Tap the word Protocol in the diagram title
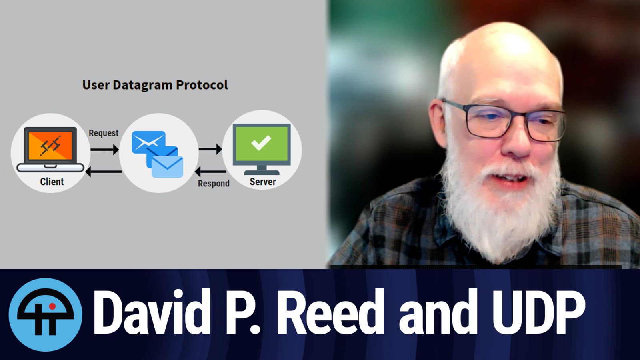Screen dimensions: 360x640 coord(202,85)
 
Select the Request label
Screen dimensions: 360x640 coord(104,133)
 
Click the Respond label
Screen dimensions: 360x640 coord(214,184)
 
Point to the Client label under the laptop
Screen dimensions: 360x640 coord(52,182)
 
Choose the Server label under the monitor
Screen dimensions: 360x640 coord(262,182)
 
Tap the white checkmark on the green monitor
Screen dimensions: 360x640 coord(261,142)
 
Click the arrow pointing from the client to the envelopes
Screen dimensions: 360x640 coord(104,150)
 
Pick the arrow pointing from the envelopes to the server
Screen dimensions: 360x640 coord(210,149)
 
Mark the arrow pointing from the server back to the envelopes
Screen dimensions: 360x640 coord(210,172)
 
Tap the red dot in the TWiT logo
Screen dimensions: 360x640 coord(52,306)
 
